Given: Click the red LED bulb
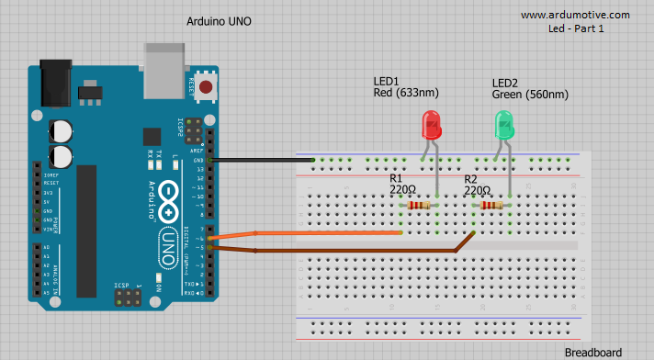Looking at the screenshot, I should click(x=430, y=125).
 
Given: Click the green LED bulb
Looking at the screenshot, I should click(x=503, y=125).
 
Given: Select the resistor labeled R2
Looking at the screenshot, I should click(x=492, y=206).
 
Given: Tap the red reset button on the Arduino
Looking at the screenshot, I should click(x=206, y=88).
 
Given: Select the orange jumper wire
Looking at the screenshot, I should click(x=312, y=233).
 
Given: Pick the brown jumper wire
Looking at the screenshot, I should click(x=349, y=249).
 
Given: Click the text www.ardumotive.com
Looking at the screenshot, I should click(x=575, y=15).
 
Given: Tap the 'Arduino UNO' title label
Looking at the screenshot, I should click(x=219, y=21).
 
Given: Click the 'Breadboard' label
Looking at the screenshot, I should click(x=592, y=352).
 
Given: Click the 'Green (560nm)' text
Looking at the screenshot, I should click(x=530, y=94).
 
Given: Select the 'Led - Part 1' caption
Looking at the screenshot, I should click(x=575, y=28).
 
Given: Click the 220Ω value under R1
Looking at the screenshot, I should click(x=402, y=190).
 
